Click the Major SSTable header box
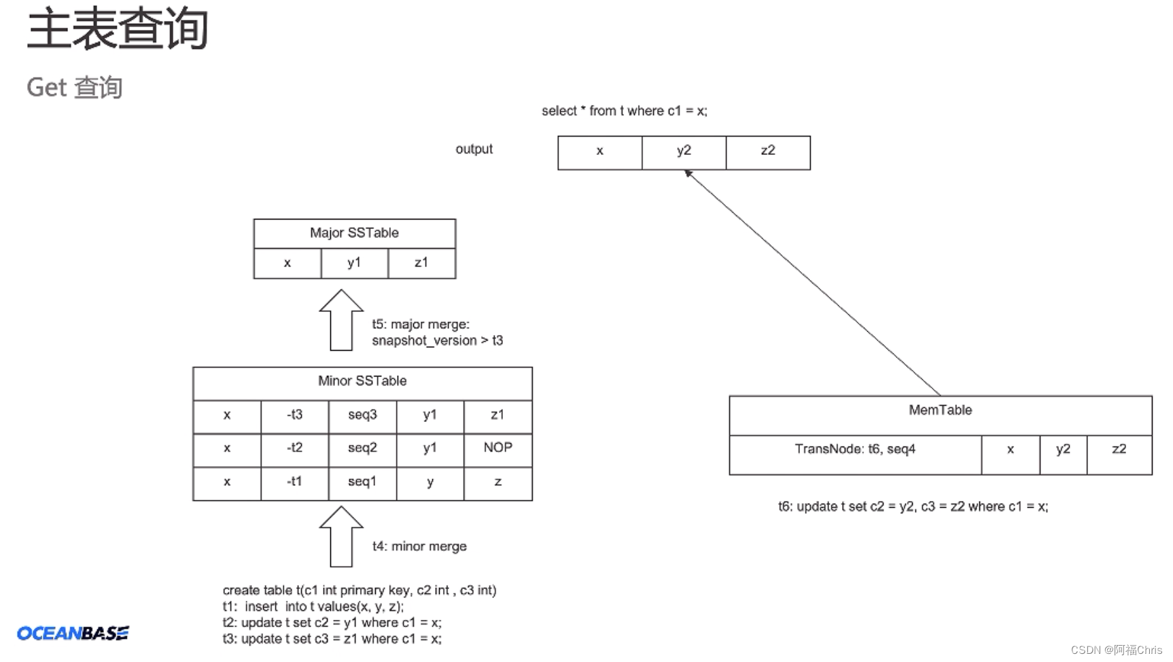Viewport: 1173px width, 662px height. [354, 233]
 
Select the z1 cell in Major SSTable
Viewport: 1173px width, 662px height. [421, 263]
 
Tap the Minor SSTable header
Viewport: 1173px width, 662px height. [362, 382]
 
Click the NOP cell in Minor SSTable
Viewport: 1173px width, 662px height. [497, 449]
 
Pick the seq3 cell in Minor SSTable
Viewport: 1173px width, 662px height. [362, 415]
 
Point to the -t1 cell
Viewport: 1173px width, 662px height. [294, 483]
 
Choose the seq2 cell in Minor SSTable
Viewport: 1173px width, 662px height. [362, 449]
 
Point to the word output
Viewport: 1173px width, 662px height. [474, 149]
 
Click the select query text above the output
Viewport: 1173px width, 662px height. [624, 111]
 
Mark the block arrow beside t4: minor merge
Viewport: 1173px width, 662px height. [341, 537]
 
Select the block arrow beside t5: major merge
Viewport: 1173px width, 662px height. [341, 321]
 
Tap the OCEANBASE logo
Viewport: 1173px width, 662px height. [73, 633]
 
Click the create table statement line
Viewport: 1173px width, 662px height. [360, 590]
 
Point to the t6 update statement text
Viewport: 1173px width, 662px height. [913, 507]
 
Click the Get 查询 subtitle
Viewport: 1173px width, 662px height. [75, 88]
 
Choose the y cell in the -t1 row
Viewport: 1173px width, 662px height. [430, 483]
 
